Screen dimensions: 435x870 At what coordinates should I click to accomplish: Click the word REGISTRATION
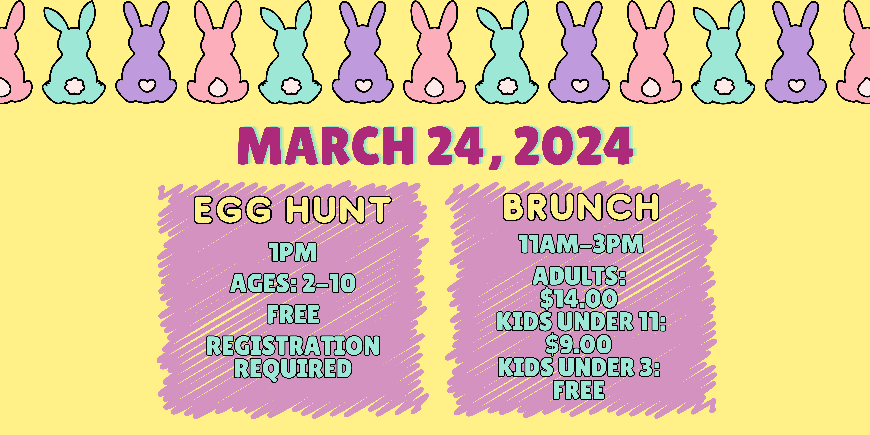293,346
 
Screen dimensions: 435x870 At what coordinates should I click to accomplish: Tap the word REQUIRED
293,368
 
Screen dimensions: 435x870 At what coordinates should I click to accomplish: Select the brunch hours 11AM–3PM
581,244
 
